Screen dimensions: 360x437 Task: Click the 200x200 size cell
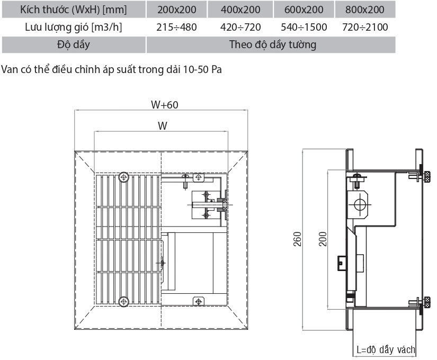point(176,10)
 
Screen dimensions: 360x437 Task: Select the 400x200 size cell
point(241,10)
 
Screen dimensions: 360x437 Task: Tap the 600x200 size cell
point(304,10)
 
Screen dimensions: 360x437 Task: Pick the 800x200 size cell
point(365,10)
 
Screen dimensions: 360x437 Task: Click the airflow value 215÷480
point(176,27)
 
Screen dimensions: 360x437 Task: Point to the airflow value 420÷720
point(241,27)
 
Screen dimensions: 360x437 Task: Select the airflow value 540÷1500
point(304,27)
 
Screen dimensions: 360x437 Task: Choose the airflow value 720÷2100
point(365,27)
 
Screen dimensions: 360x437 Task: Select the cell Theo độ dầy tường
point(272,44)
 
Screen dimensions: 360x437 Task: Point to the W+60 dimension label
point(164,105)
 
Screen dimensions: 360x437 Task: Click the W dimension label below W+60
point(163,126)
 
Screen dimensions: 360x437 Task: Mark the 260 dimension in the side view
point(298,239)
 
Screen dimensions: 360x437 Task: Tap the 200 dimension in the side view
point(322,239)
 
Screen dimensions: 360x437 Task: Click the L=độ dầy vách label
point(386,350)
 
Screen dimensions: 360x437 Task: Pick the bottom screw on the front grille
point(124,302)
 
